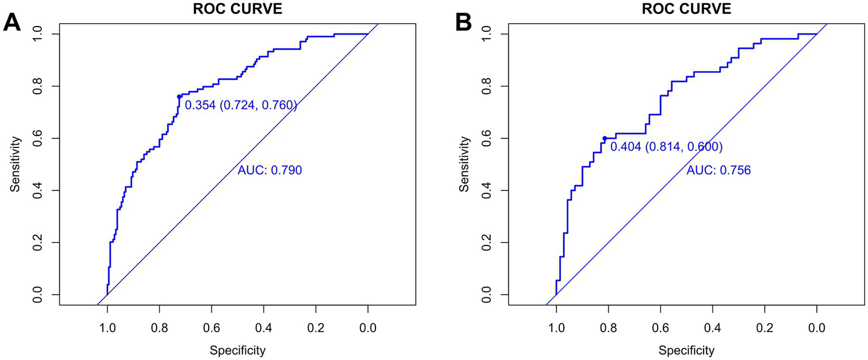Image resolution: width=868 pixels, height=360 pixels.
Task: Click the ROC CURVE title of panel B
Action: pyautogui.click(x=686, y=8)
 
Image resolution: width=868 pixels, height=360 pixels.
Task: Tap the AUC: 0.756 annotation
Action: pyautogui.click(x=718, y=170)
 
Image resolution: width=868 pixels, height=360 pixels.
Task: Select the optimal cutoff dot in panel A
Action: pyautogui.click(x=179, y=97)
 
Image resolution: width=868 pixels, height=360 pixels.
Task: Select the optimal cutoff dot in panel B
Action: pyautogui.click(x=604, y=138)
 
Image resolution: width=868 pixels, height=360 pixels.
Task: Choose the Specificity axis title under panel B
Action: pyautogui.click(x=686, y=350)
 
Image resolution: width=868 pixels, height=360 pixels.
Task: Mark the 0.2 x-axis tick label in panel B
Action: pyautogui.click(x=765, y=327)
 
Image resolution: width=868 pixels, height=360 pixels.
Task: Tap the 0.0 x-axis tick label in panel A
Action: pyautogui.click(x=368, y=327)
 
